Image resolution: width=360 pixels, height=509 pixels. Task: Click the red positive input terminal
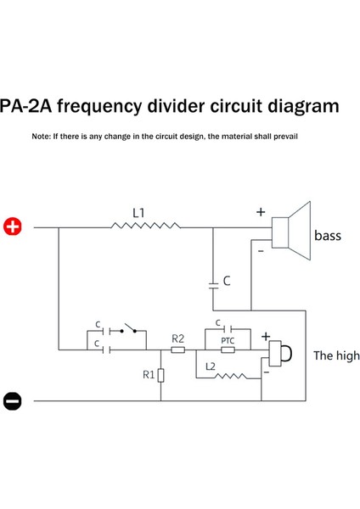[x=13, y=227]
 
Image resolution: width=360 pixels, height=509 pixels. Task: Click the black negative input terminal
[x=13, y=400]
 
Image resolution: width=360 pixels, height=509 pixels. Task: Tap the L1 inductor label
[x=139, y=210]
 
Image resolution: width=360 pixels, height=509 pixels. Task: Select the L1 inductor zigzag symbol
[x=146, y=227]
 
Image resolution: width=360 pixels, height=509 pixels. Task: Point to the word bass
[x=328, y=235]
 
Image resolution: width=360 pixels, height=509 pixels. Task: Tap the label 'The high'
[x=335, y=356]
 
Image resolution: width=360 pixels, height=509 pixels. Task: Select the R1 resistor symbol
[x=161, y=374]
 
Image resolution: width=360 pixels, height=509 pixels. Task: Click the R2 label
[x=177, y=338]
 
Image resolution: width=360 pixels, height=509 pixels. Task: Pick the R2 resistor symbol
[x=177, y=350]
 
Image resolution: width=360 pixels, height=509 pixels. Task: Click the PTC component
[x=227, y=349]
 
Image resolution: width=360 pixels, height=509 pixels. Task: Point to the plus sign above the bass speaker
[x=261, y=213]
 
